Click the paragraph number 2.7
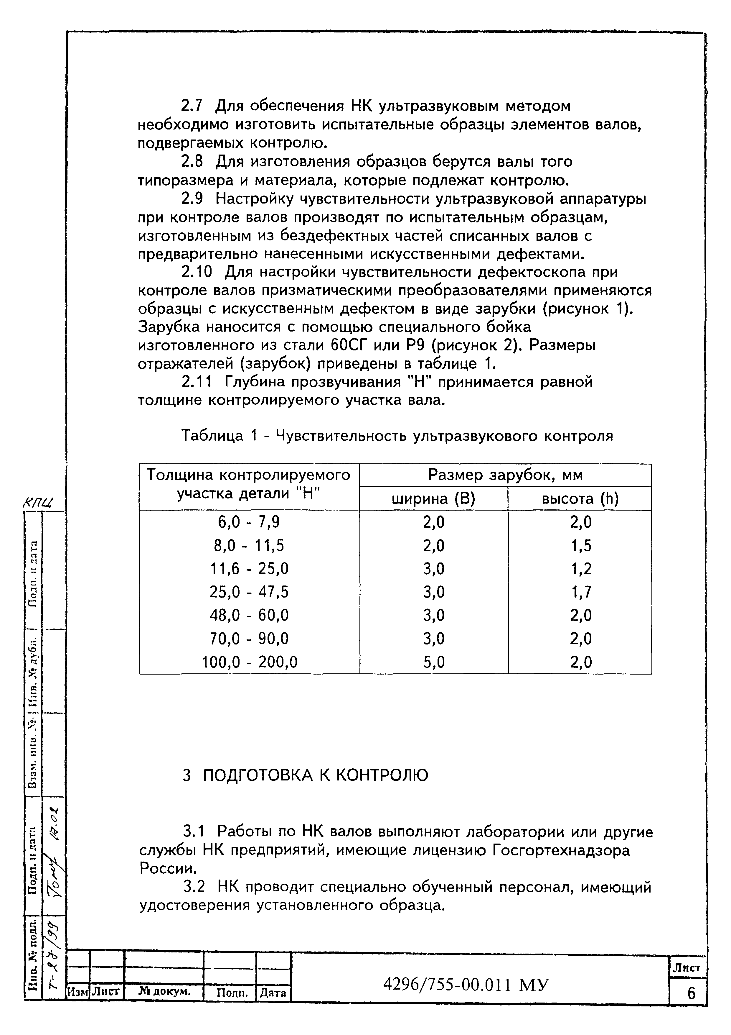click(192, 106)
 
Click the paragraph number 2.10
click(196, 272)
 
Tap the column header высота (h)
click(580, 499)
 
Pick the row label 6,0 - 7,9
click(249, 522)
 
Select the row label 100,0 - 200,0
click(250, 662)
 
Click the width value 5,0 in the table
click(434, 662)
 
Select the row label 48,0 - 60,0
click(249, 615)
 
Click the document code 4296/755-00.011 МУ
click(466, 985)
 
